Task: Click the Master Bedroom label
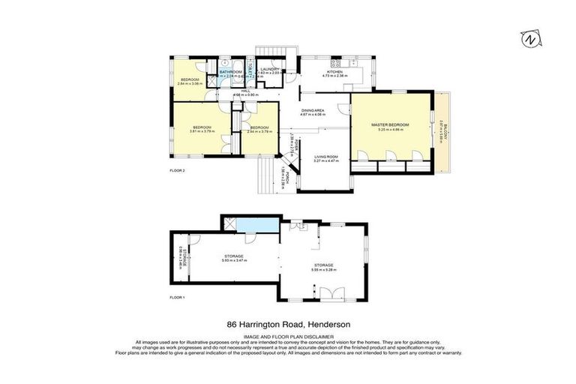(391, 125)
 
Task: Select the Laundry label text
(269, 69)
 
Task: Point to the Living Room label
(326, 157)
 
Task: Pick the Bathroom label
(229, 71)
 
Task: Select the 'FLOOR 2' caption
(177, 171)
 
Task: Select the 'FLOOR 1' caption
(177, 298)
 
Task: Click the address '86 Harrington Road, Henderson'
(289, 325)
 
